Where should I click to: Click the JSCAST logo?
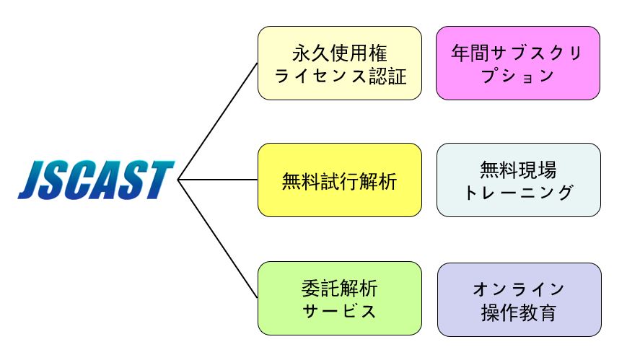tap(96, 180)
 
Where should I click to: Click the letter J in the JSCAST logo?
tap(32, 180)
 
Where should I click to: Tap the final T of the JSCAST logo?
tap(161, 180)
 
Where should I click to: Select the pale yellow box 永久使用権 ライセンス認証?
tap(340, 63)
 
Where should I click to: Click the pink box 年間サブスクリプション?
tap(518, 63)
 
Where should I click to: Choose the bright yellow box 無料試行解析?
tap(340, 180)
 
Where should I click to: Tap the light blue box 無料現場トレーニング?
tap(519, 180)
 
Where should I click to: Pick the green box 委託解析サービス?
tap(340, 299)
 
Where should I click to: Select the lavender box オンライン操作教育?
tap(519, 299)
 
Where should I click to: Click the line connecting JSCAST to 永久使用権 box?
tap(217, 122)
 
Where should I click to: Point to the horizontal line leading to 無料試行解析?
tap(217, 180)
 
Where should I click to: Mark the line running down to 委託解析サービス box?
tap(217, 239)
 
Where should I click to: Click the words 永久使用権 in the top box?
tap(340, 53)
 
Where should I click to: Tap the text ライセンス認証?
tap(340, 76)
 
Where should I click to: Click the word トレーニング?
tap(519, 193)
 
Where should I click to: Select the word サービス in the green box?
tap(340, 311)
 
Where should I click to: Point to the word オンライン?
tap(519, 289)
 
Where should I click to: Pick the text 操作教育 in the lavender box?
tap(519, 312)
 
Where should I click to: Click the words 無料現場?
tap(519, 170)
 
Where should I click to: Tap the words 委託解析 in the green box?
tap(340, 289)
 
